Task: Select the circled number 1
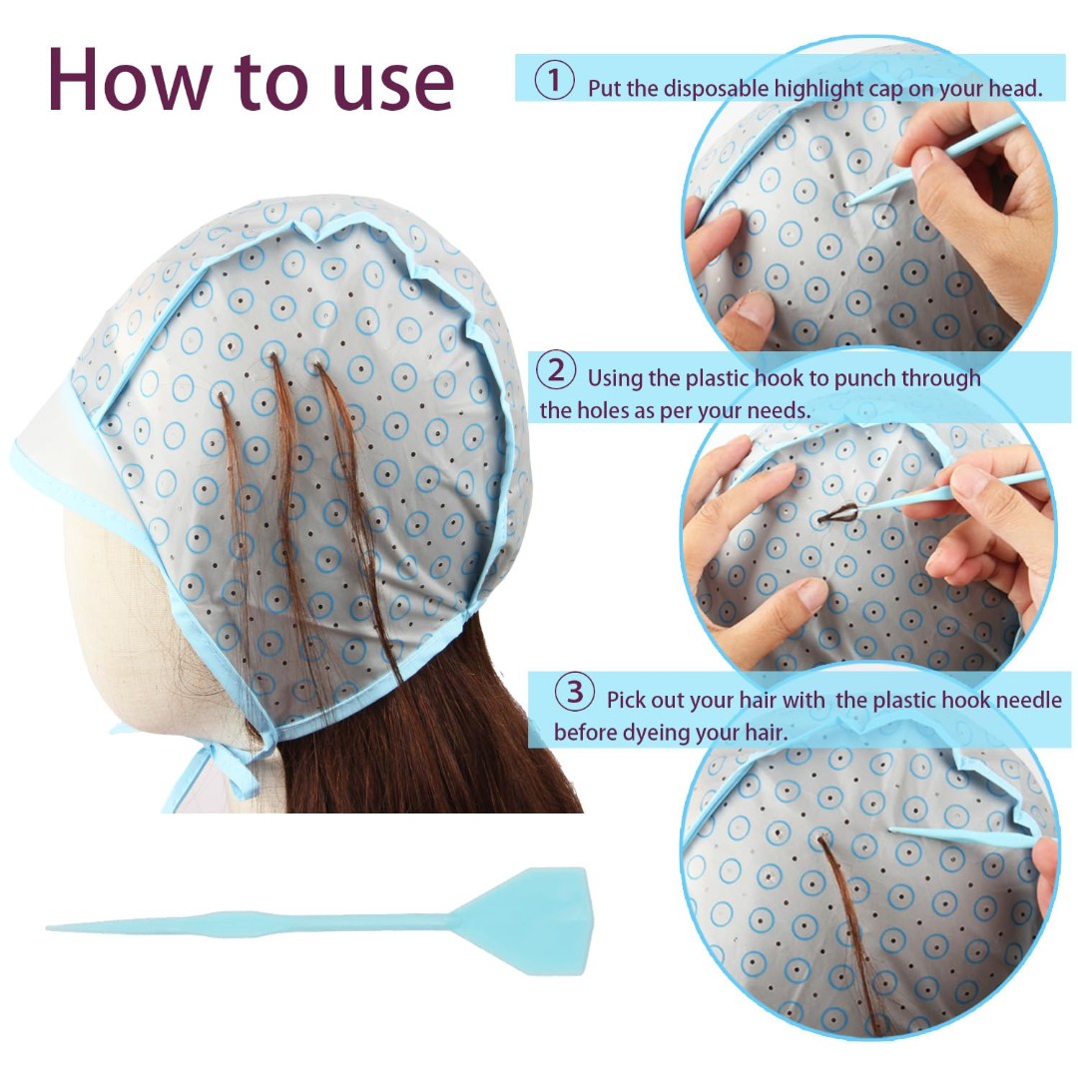[554, 81]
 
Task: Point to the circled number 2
[556, 370]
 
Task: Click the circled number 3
[575, 692]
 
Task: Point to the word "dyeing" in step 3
[657, 734]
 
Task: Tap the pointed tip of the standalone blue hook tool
[48, 928]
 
